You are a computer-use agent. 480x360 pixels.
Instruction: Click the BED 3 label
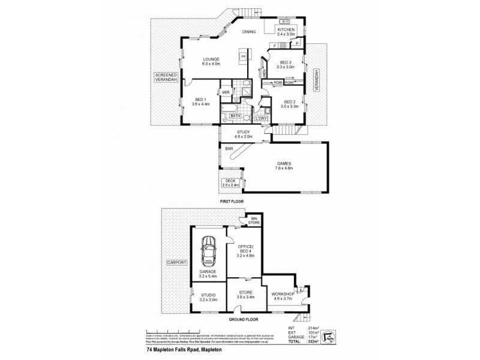click(x=286, y=65)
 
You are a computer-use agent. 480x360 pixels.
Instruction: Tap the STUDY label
click(x=243, y=134)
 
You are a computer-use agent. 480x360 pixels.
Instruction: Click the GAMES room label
click(x=284, y=166)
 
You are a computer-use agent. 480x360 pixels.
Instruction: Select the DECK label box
click(x=231, y=184)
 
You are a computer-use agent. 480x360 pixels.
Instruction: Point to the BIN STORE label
click(x=254, y=220)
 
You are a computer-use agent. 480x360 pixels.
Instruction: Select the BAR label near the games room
click(x=229, y=148)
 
